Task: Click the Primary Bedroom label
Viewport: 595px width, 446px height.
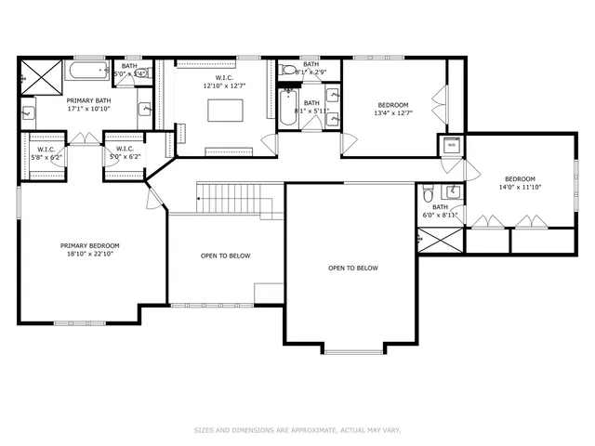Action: click(x=89, y=246)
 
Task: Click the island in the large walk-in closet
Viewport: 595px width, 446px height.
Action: click(x=223, y=110)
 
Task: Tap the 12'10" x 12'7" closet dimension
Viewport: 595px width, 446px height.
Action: click(x=223, y=85)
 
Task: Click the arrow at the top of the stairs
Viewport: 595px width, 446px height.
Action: click(x=199, y=198)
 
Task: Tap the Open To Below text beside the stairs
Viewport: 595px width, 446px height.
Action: click(x=225, y=256)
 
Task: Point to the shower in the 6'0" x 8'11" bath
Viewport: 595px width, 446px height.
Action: click(x=440, y=241)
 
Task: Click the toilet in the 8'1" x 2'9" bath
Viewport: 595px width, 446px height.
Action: click(x=289, y=71)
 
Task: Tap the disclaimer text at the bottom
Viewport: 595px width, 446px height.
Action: click(x=297, y=430)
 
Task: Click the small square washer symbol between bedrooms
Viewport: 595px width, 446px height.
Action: click(x=451, y=145)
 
